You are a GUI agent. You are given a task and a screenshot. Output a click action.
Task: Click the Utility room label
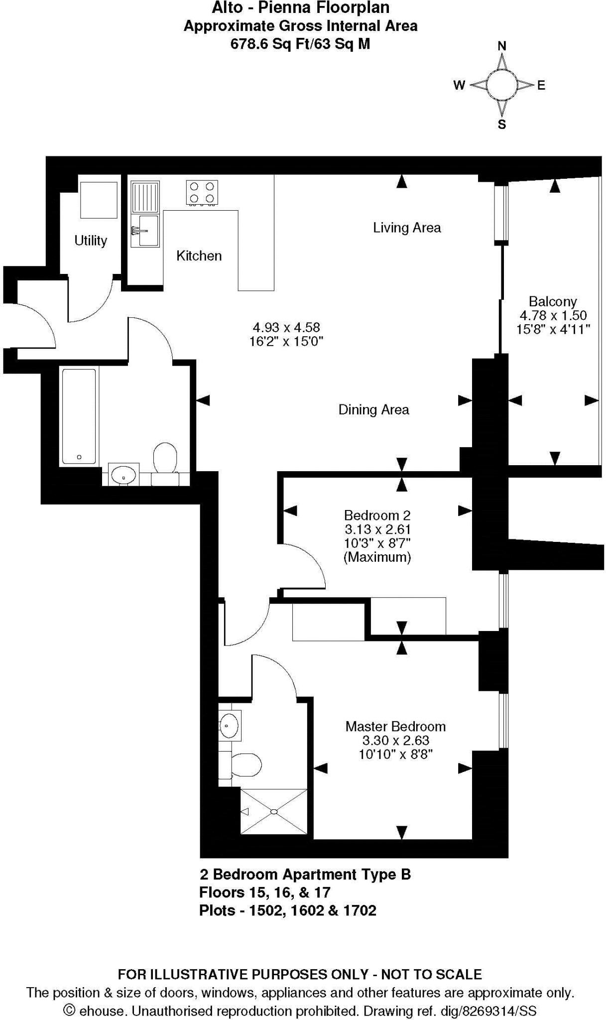click(x=91, y=241)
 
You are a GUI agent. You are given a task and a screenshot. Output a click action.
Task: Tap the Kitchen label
click(x=199, y=256)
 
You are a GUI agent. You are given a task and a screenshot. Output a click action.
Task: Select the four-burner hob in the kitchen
click(x=202, y=192)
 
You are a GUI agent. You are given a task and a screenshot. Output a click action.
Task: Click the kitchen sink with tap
click(x=145, y=230)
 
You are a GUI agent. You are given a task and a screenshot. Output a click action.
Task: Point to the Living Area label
click(x=407, y=228)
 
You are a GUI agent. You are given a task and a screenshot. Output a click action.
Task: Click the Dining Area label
click(x=373, y=409)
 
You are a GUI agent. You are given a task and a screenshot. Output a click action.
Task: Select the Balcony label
click(x=553, y=301)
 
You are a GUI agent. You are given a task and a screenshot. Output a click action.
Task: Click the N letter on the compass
click(x=502, y=46)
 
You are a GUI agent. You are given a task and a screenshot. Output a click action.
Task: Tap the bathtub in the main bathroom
click(x=79, y=416)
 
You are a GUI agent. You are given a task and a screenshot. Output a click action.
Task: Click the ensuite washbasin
click(x=229, y=725)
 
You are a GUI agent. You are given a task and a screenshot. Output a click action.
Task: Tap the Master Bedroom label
click(x=395, y=726)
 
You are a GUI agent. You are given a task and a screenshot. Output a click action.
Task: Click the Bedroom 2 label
click(x=377, y=515)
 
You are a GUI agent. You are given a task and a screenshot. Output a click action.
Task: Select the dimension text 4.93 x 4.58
click(x=286, y=327)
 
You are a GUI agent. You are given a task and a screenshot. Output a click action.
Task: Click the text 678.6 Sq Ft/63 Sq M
click(x=300, y=44)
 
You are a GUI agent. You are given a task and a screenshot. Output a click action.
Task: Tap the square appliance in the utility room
click(x=99, y=199)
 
